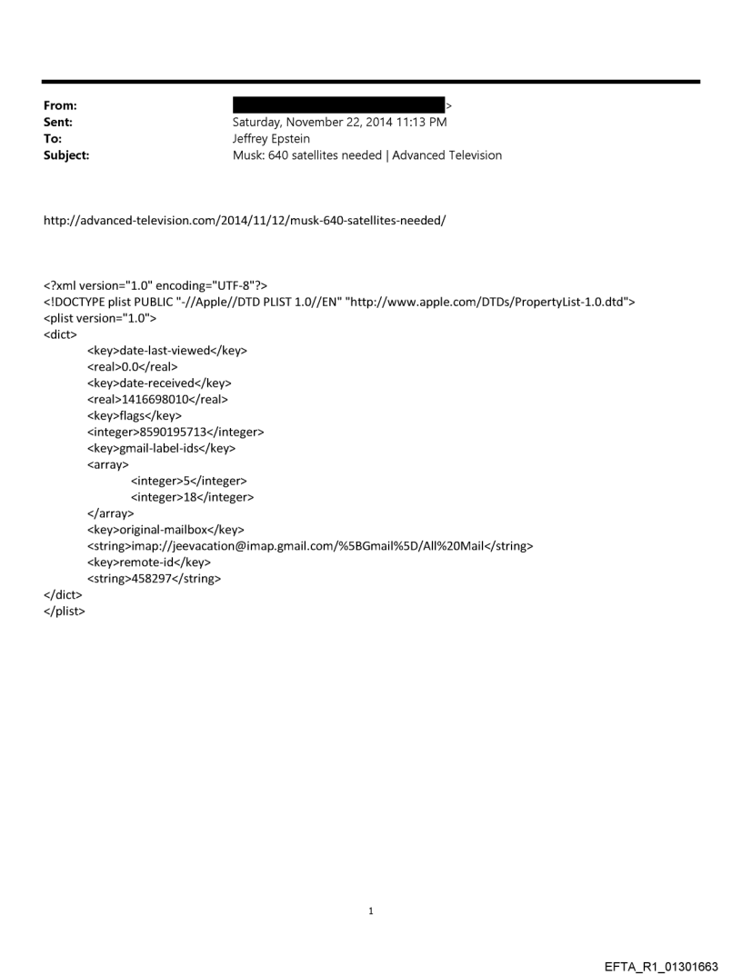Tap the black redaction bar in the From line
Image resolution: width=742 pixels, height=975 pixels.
point(338,104)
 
